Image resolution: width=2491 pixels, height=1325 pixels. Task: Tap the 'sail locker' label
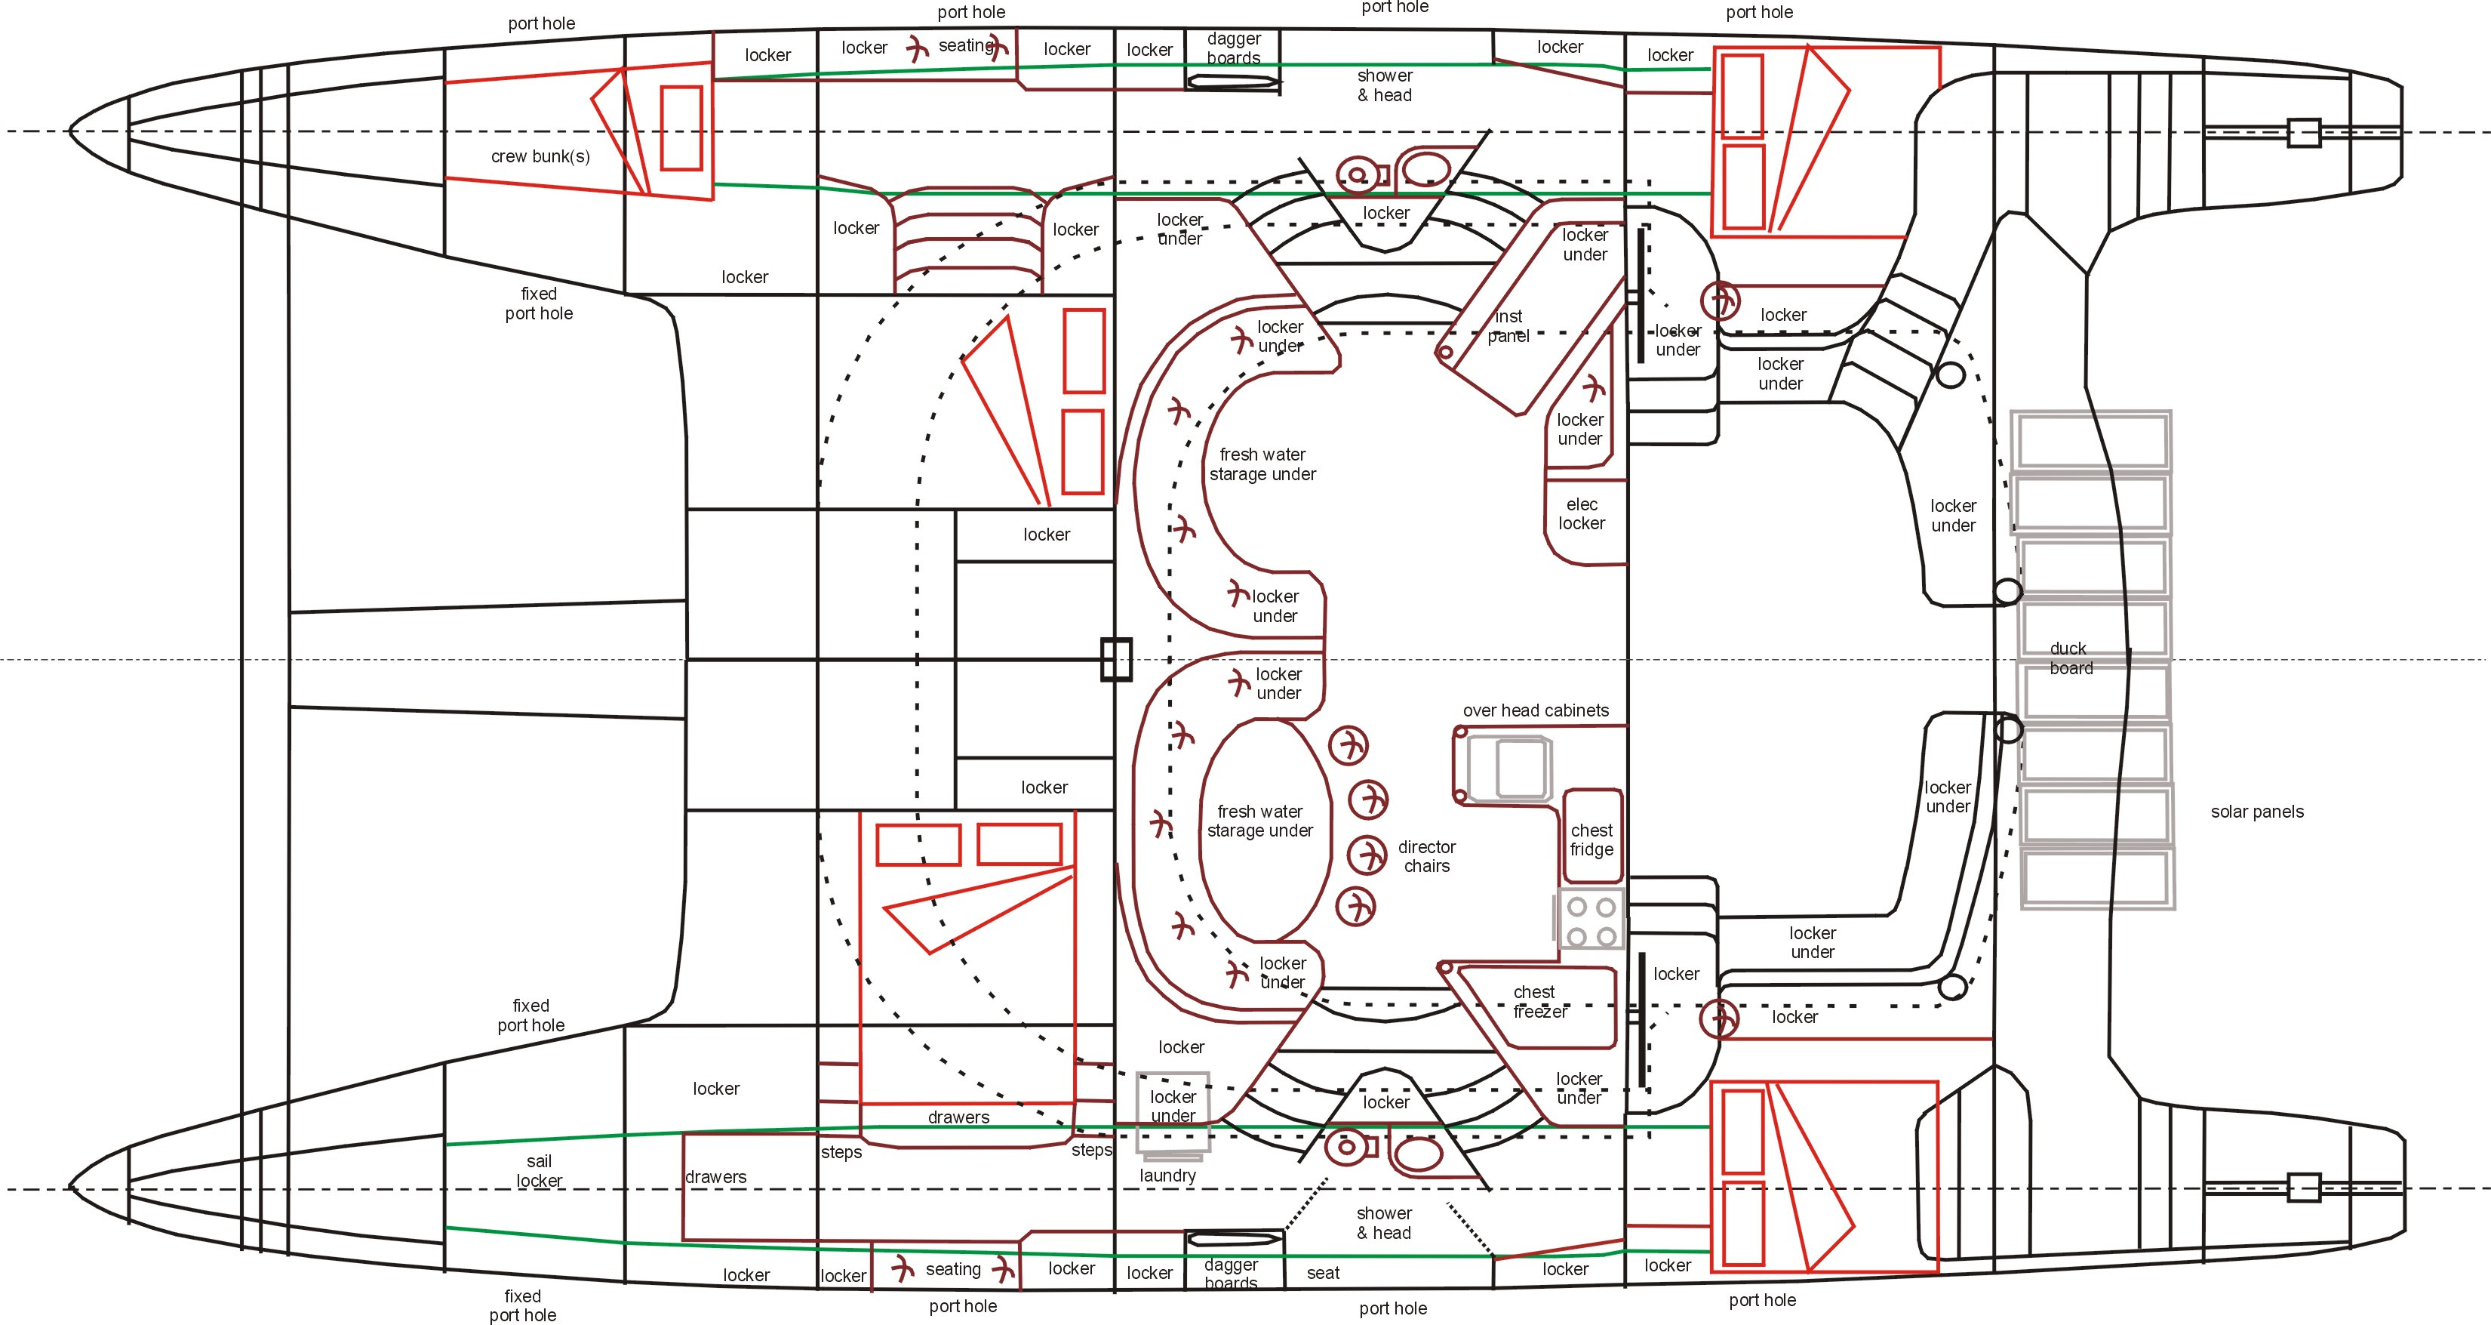(x=539, y=1171)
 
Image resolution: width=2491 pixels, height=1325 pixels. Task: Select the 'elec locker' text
(x=1581, y=513)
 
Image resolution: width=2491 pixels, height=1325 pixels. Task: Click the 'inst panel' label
(x=1508, y=326)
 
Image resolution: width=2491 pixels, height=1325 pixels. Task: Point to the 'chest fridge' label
(x=1591, y=840)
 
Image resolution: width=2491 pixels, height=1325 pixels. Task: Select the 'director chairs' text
(x=1426, y=856)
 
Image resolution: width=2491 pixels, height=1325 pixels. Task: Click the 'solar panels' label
(x=2256, y=812)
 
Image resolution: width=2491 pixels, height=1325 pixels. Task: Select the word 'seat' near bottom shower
(x=1323, y=1274)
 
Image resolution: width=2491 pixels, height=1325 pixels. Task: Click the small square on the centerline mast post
(x=1116, y=660)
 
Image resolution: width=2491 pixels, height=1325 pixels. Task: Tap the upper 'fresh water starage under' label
(x=1262, y=464)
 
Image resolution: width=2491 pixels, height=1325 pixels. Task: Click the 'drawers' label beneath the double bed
(x=958, y=1118)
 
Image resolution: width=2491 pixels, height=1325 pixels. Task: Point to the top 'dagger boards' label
(x=1233, y=48)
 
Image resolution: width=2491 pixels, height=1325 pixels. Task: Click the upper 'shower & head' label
(x=1384, y=85)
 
